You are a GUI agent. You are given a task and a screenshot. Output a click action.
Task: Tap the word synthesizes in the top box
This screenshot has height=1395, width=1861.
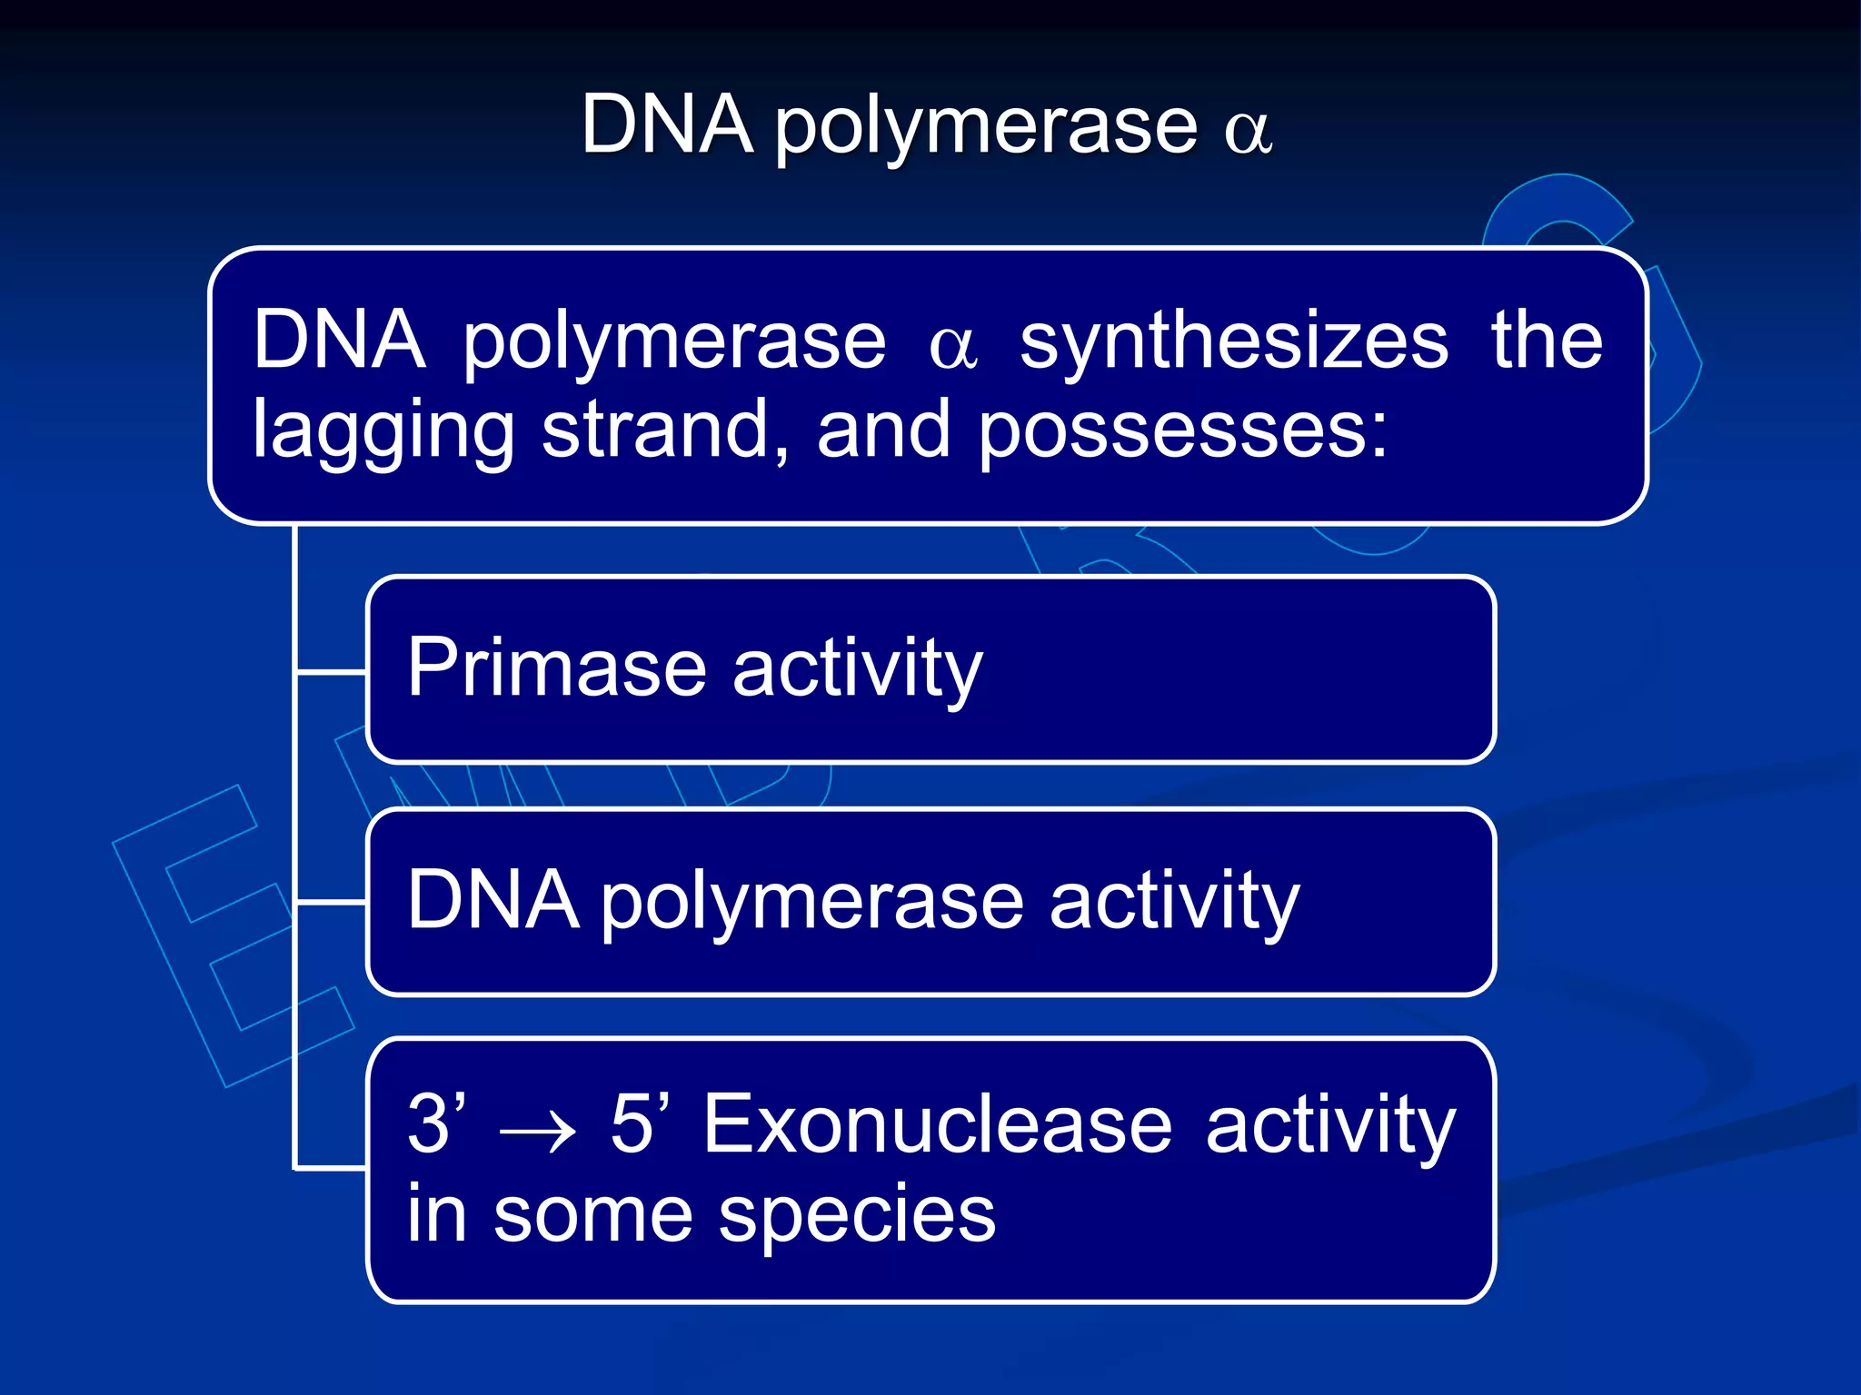point(1234,342)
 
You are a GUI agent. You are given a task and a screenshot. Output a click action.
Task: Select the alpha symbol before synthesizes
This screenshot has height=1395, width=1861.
point(953,348)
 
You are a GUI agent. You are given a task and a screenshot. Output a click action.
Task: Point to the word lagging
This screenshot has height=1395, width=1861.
point(383,432)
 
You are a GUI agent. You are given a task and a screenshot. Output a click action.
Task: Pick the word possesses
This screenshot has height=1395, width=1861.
point(1182,432)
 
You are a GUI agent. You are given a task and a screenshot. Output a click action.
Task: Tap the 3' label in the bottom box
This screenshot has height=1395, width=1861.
point(436,1123)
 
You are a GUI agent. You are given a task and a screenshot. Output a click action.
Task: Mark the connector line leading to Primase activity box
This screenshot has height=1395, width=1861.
point(332,673)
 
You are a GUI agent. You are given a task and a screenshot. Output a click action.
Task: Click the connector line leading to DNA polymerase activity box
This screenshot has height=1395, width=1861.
point(332,903)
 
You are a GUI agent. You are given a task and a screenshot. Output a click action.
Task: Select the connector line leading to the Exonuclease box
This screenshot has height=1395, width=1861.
point(332,1168)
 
